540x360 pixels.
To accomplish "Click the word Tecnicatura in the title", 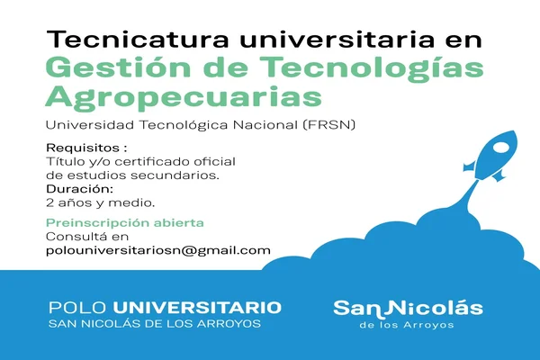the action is pyautogui.click(x=138, y=40).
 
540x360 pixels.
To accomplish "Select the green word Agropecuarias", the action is pyautogui.click(x=184, y=97).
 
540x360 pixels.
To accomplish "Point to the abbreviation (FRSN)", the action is pyautogui.click(x=328, y=125).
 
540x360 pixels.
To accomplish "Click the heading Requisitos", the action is pyautogui.click(x=83, y=148).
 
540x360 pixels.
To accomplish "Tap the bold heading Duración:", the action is pyautogui.click(x=80, y=189).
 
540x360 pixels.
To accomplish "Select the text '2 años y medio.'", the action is pyautogui.click(x=101, y=202).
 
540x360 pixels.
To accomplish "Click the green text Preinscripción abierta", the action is pyautogui.click(x=125, y=223).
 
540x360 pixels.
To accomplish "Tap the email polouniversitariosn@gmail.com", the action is pyautogui.click(x=158, y=251).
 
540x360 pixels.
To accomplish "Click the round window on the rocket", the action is pyautogui.click(x=501, y=148).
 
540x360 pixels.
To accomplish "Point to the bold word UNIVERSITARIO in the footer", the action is pyautogui.click(x=197, y=308).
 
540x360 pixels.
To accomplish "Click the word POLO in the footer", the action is pyautogui.click(x=79, y=308).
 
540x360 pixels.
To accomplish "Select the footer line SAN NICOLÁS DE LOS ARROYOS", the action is pyautogui.click(x=155, y=324).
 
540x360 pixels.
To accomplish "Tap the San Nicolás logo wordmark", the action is pyautogui.click(x=408, y=309).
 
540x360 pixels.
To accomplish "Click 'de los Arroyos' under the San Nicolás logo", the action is pyautogui.click(x=407, y=325).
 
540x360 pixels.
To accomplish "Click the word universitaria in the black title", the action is pyautogui.click(x=337, y=40).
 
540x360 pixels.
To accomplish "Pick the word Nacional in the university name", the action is pyautogui.click(x=265, y=125).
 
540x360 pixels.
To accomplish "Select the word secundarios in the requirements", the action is pyautogui.click(x=175, y=175).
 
